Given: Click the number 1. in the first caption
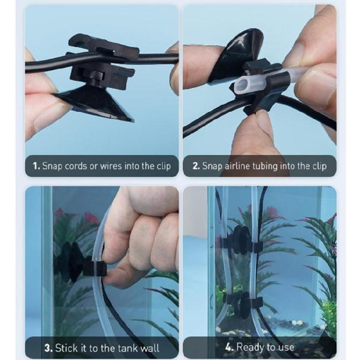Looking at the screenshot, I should (x=36, y=167).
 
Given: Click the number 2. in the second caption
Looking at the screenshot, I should (x=196, y=167).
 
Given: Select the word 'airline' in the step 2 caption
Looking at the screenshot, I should (x=237, y=167).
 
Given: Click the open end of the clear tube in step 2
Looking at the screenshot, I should (x=242, y=85).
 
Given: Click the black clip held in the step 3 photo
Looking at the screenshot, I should (x=94, y=267).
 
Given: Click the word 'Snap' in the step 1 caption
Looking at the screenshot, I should (x=53, y=167).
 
